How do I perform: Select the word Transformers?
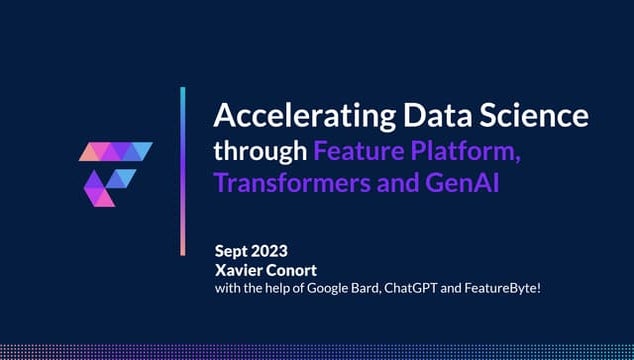290,184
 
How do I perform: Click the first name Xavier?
239,270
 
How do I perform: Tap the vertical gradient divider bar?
183,171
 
